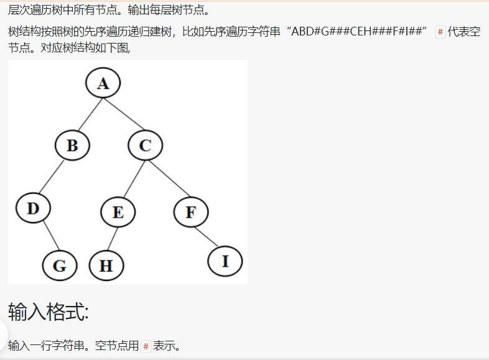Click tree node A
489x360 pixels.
pos(103,83)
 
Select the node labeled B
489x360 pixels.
pos(72,145)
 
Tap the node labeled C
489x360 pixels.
pos(145,145)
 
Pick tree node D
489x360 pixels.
pos(33,208)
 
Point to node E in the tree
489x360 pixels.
pos(118,212)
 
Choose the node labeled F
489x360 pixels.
pos(190,212)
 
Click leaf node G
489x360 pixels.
pos(60,266)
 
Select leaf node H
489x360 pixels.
pos(106,266)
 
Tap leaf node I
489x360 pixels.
pos(225,261)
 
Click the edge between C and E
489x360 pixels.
pos(132,178)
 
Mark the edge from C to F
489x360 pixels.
pos(168,178)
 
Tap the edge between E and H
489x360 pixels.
pos(112,239)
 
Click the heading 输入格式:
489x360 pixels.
pos(49,312)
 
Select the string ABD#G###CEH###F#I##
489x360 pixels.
pos(358,32)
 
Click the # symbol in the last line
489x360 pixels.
pos(146,346)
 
